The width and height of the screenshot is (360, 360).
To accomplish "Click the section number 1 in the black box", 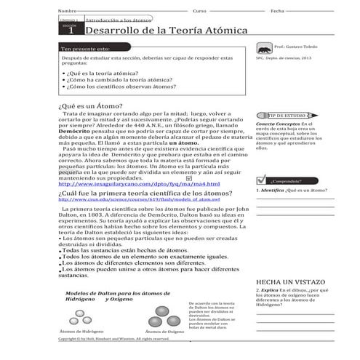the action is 71,33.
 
